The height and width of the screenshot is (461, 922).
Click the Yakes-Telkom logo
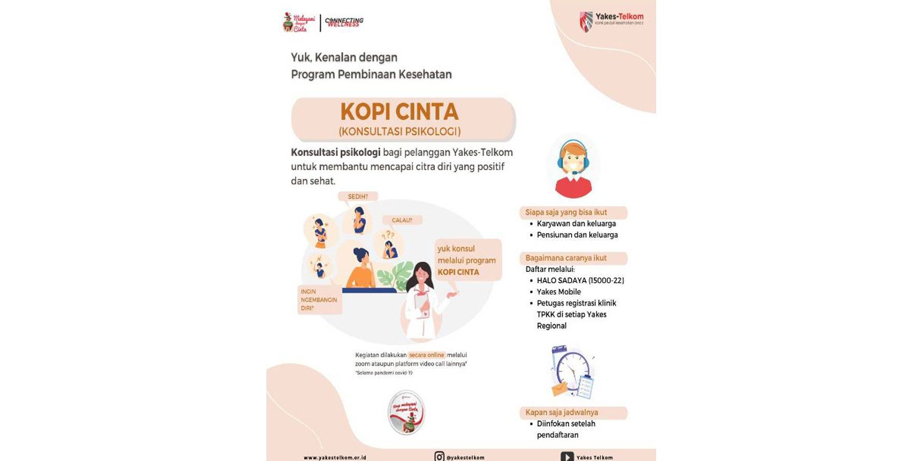pyautogui.click(x=611, y=21)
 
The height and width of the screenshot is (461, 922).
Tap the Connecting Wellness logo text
pyautogui.click(x=345, y=22)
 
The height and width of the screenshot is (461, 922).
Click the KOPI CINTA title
pyautogui.click(x=399, y=112)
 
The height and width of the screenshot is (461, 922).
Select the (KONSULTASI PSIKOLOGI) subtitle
pyautogui.click(x=400, y=132)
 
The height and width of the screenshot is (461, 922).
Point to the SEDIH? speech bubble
pyautogui.click(x=358, y=197)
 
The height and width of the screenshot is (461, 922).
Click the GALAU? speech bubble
pyautogui.click(x=402, y=220)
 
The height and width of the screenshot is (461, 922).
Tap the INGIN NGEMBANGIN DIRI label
pyautogui.click(x=319, y=300)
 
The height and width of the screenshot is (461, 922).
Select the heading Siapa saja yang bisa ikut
pyautogui.click(x=566, y=212)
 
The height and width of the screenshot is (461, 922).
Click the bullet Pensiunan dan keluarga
pyautogui.click(x=577, y=235)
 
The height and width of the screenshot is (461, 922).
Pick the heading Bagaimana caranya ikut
pyautogui.click(x=565, y=258)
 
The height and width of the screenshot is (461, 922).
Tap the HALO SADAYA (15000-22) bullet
pyautogui.click(x=580, y=281)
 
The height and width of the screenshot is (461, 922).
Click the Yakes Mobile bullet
pyautogui.click(x=559, y=292)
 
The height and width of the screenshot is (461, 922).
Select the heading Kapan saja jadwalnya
pyautogui.click(x=561, y=412)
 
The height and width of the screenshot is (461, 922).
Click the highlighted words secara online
pyautogui.click(x=427, y=355)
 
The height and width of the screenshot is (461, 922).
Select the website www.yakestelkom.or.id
pyautogui.click(x=335, y=458)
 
